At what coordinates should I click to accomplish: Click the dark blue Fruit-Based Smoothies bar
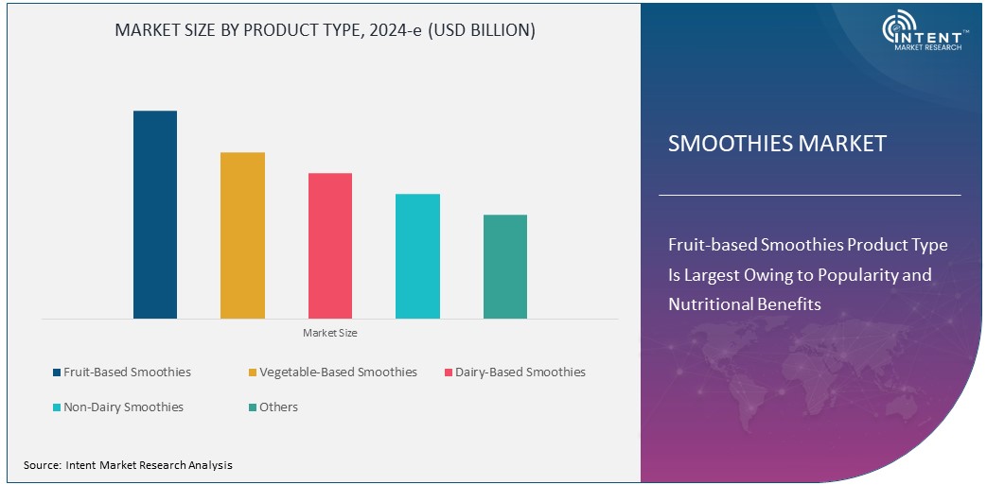pos(154,215)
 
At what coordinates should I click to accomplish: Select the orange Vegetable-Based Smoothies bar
pos(242,235)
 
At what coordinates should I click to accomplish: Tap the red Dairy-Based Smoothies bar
pos(329,246)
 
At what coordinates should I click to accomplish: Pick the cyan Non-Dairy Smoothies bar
pos(417,256)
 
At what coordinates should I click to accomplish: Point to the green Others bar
pos(504,267)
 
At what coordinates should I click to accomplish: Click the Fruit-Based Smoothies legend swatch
pos(56,372)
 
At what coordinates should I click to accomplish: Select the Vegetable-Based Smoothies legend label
pos(338,372)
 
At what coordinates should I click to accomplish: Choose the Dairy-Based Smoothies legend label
pos(520,372)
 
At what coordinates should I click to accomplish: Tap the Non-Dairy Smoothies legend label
pos(123,407)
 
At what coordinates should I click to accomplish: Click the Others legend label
pos(278,407)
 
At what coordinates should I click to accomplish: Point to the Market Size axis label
pos(329,333)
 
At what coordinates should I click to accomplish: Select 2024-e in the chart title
pos(394,30)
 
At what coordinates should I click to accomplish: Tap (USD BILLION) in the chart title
pos(482,30)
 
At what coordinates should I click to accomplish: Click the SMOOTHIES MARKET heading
pos(777,144)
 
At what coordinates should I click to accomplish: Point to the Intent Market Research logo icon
pos(900,28)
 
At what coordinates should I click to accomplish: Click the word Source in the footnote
pos(42,465)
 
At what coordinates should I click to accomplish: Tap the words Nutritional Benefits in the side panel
pos(744,304)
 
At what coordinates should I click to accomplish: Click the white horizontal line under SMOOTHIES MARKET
pos(809,195)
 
